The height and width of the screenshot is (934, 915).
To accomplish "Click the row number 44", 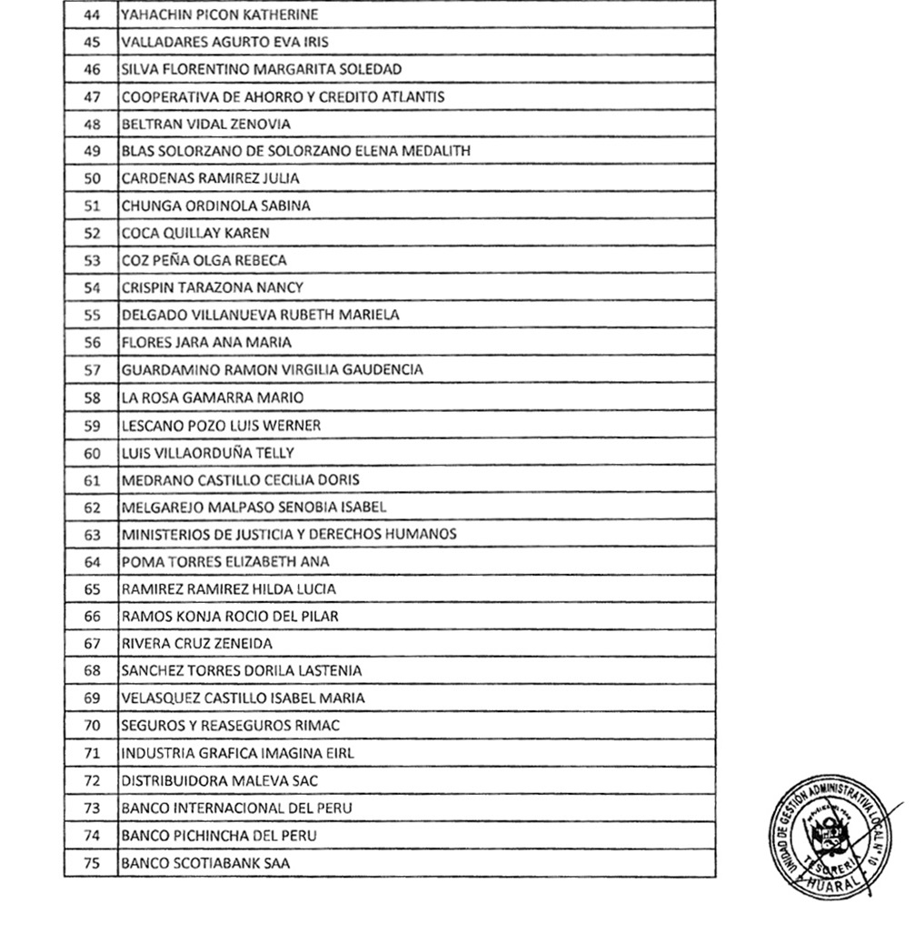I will (92, 15).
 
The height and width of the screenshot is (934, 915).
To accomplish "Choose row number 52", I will (92, 233).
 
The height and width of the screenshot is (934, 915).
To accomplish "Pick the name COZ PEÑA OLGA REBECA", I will (204, 260).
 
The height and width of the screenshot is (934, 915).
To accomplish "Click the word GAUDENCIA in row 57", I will (382, 370).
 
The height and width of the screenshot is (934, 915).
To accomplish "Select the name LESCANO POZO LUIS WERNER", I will (221, 425).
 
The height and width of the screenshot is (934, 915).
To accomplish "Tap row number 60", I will (92, 452).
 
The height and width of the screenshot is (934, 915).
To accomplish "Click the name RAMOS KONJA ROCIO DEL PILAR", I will (230, 617).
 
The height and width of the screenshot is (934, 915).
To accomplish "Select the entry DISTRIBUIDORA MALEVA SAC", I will (219, 780).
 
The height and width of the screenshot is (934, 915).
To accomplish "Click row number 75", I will (92, 862).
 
